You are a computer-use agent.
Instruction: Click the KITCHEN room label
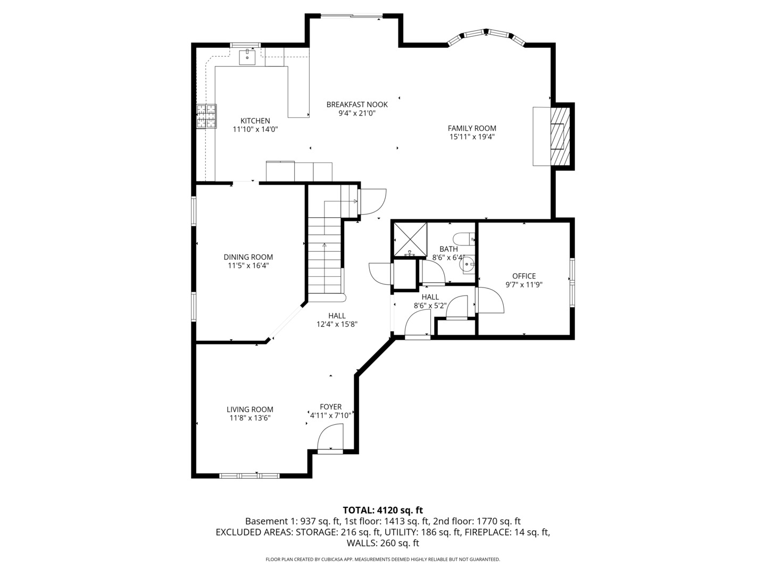[x=255, y=121]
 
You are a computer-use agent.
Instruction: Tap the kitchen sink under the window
[x=247, y=57]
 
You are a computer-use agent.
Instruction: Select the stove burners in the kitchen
[x=206, y=116]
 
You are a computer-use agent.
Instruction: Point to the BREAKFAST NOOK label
[x=357, y=104]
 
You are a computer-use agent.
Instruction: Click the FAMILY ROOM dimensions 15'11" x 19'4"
[x=472, y=137]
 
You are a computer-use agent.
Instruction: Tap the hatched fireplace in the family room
[x=560, y=136]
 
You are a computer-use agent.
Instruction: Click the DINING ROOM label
[x=248, y=257]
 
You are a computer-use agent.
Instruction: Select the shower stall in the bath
[x=410, y=240]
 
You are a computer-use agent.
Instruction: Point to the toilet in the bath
[x=464, y=240]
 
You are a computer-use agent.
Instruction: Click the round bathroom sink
[x=467, y=265]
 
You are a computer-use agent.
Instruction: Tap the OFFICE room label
[x=524, y=276]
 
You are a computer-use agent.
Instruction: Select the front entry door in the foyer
[x=330, y=439]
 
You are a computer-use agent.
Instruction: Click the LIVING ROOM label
[x=250, y=409]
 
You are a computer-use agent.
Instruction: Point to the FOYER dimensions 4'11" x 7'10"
[x=330, y=415]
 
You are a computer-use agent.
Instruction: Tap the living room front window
[x=249, y=475]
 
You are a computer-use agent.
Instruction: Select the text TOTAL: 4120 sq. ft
[x=383, y=510]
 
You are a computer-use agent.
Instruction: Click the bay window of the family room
[x=487, y=36]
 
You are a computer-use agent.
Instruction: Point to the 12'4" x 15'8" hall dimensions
[x=337, y=324]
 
